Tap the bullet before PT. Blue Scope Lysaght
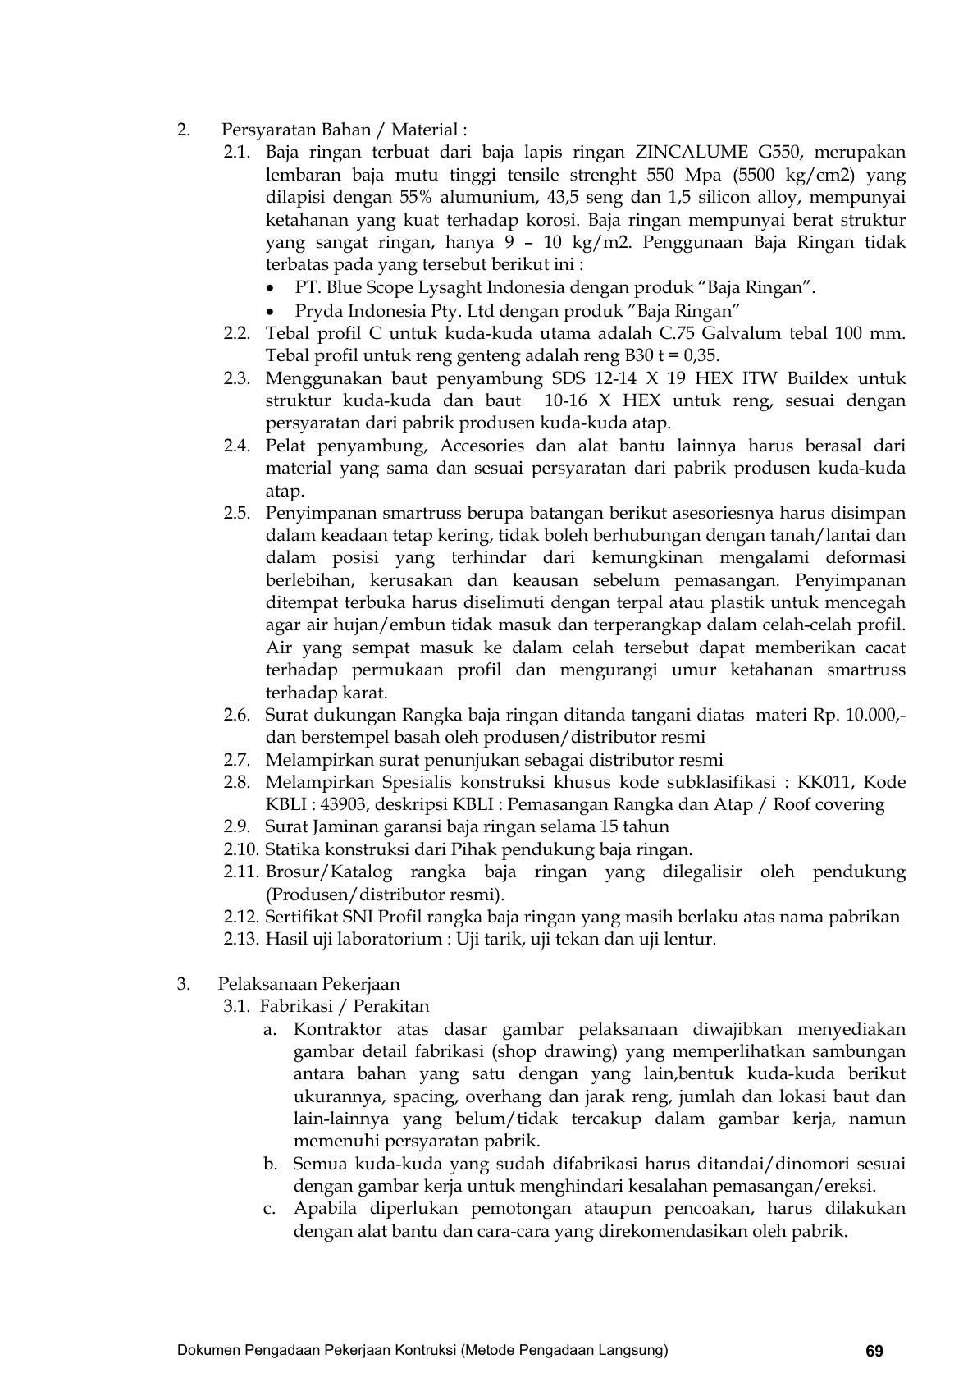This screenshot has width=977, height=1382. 272,288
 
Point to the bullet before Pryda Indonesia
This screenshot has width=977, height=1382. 272,311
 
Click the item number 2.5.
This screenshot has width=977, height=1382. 236,514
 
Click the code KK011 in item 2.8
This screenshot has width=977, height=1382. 825,782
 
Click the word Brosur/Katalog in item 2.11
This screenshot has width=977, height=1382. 329,872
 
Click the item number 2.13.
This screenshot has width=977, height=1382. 240,939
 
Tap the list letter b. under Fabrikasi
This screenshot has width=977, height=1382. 271,1164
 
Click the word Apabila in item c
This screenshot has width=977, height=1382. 325,1209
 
